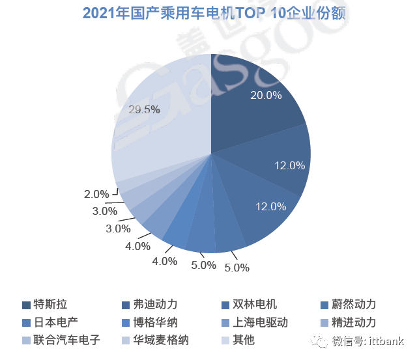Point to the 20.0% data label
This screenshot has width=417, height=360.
tap(266, 95)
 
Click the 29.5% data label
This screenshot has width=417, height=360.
tap(144, 109)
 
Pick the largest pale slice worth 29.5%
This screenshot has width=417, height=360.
tap(163, 124)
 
